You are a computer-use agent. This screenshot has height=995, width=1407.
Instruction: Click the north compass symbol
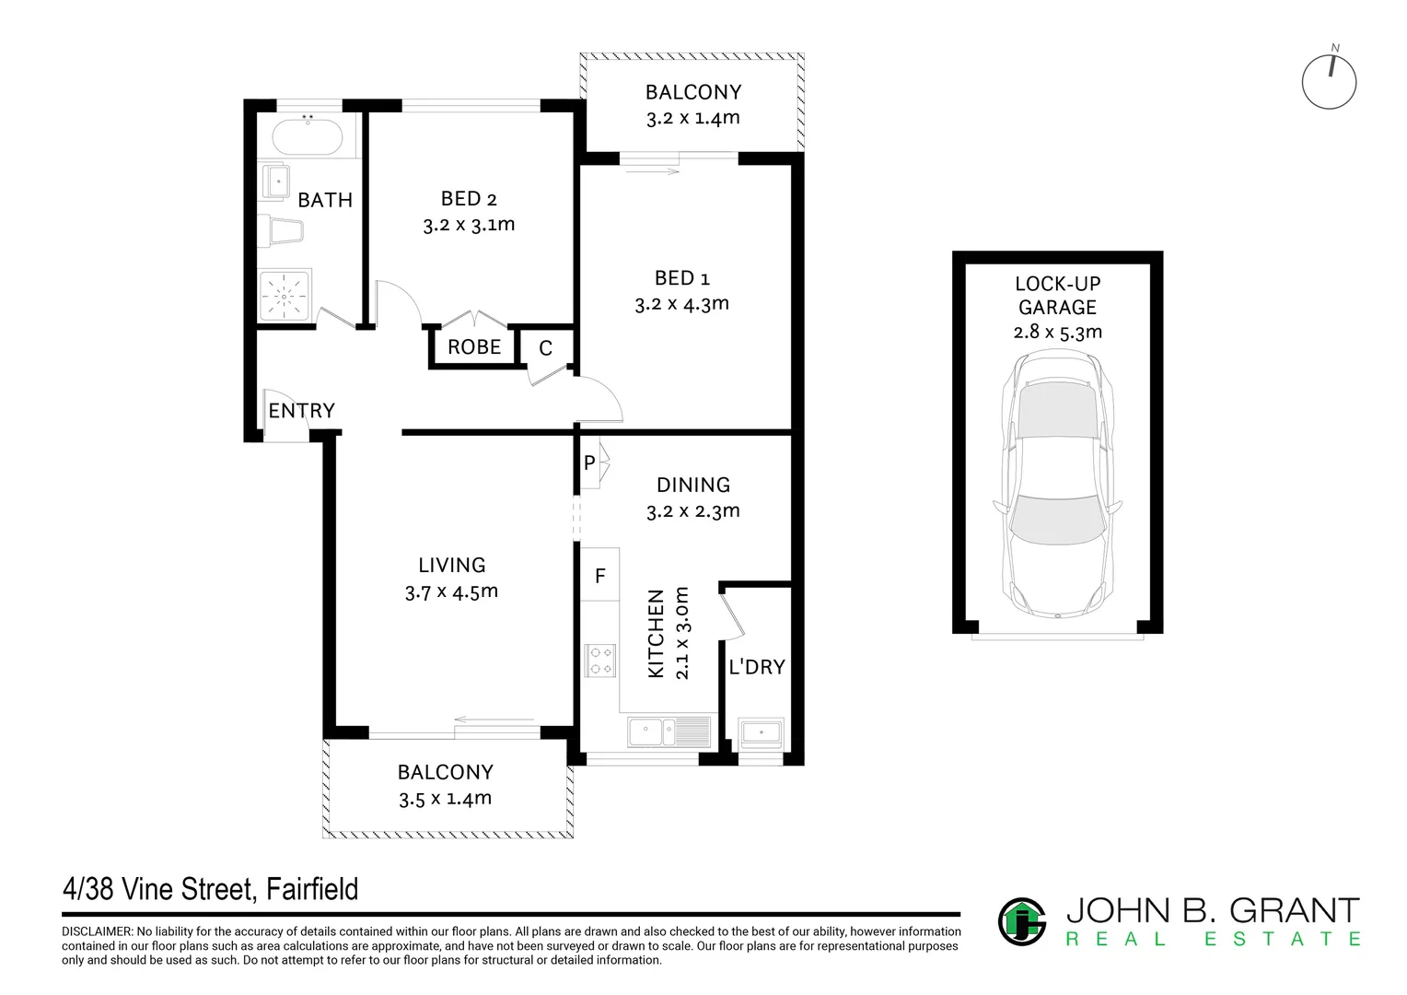click(x=1329, y=82)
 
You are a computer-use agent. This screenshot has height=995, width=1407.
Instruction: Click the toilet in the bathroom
click(x=280, y=230)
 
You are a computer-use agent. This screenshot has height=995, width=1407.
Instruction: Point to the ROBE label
click(x=474, y=347)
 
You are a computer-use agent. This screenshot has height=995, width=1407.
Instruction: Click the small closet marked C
click(x=545, y=348)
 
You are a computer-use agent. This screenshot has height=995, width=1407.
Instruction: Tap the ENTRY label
click(x=301, y=411)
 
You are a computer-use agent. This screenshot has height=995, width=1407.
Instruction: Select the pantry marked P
click(x=589, y=463)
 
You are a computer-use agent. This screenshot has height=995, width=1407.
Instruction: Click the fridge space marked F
click(x=599, y=576)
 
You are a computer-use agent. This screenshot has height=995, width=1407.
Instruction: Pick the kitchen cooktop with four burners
click(x=599, y=661)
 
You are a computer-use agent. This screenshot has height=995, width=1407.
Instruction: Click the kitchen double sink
click(x=669, y=732)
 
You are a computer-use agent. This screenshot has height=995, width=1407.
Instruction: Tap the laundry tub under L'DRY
click(x=761, y=732)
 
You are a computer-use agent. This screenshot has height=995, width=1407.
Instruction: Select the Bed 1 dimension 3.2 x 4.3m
click(x=681, y=303)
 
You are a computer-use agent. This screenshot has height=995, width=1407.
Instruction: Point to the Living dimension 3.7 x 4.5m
click(x=451, y=591)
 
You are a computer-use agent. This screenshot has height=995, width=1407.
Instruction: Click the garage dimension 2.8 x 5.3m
click(x=1057, y=332)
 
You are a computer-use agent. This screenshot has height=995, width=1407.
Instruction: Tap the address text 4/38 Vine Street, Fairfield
click(x=210, y=889)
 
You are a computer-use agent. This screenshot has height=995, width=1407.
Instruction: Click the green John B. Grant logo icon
click(x=1022, y=921)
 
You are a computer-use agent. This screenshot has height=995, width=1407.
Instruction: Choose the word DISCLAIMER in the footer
click(x=97, y=932)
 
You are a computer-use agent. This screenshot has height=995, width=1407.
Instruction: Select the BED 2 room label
click(x=469, y=198)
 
